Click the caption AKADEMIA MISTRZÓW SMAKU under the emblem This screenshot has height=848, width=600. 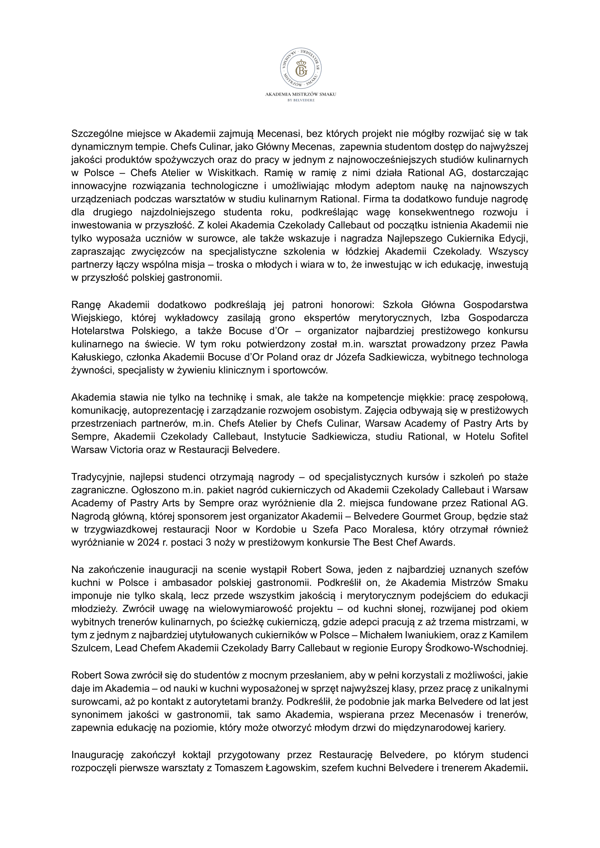[300, 95]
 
